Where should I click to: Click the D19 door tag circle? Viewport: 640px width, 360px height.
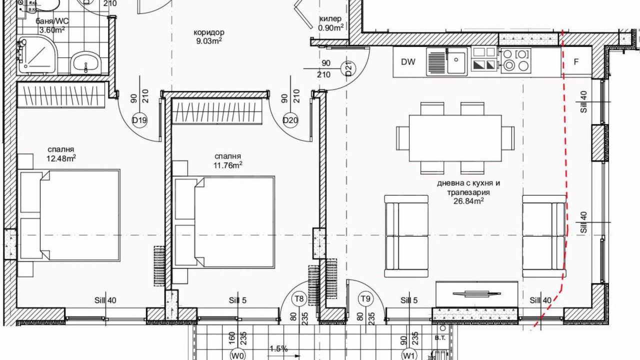click(x=139, y=120)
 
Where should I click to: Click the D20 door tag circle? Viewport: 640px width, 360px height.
click(x=290, y=120)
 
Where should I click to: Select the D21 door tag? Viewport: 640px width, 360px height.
click(x=349, y=69)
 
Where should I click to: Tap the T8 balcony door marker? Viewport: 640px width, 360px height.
click(x=299, y=299)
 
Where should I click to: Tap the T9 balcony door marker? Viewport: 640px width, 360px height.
click(x=365, y=299)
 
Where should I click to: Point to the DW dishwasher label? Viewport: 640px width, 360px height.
click(x=408, y=62)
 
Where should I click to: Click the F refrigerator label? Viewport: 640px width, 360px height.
click(x=576, y=61)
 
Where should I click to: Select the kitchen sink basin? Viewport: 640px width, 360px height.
click(x=456, y=61)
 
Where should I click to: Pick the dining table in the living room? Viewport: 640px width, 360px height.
click(x=455, y=138)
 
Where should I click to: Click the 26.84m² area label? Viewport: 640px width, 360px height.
click(x=468, y=201)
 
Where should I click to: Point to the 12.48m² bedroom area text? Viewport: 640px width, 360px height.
click(x=61, y=158)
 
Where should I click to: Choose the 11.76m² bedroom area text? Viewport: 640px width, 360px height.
click(x=228, y=165)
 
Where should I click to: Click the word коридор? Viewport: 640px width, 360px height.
click(x=209, y=32)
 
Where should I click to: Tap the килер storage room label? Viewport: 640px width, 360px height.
click(x=330, y=19)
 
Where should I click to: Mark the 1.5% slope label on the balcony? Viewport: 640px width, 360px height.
click(x=279, y=349)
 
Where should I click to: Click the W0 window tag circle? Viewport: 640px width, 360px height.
click(x=238, y=355)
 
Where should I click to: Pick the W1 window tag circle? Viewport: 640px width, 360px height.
click(x=409, y=355)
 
